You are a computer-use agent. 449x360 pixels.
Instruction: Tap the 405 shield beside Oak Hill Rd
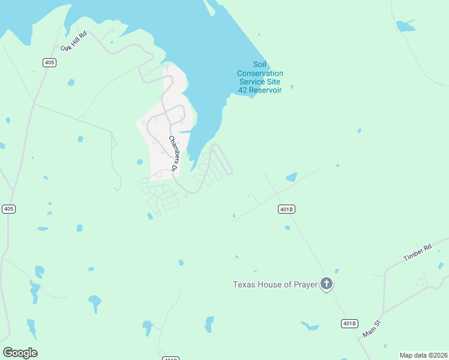(50, 62)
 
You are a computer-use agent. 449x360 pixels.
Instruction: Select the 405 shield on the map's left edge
(8, 209)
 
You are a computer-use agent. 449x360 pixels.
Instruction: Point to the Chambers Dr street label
(173, 154)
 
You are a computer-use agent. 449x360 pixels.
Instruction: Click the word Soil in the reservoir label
(259, 65)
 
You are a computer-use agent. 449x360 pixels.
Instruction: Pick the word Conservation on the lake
(260, 73)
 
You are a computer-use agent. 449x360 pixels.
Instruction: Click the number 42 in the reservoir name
(243, 90)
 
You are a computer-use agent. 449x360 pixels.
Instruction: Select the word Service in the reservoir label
(252, 82)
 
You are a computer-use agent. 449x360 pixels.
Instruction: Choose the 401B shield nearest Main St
(349, 323)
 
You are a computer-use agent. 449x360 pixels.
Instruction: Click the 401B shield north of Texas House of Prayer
(287, 209)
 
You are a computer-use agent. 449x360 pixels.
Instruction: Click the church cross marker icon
(326, 284)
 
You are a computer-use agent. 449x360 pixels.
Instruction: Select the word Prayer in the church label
(304, 284)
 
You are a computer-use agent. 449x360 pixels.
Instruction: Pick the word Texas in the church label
(244, 284)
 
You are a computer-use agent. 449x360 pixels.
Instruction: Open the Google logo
(20, 353)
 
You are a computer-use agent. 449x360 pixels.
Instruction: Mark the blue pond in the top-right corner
(405, 26)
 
